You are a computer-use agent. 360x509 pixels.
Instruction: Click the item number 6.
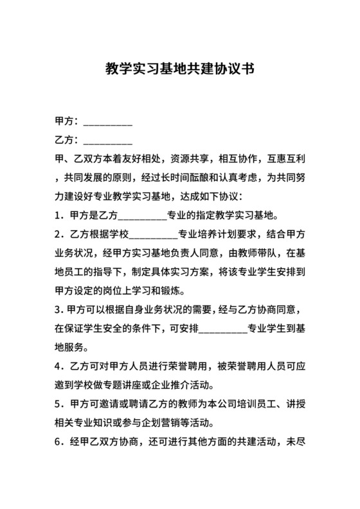point(59,442)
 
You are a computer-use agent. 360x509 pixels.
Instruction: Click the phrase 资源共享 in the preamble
point(192,158)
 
